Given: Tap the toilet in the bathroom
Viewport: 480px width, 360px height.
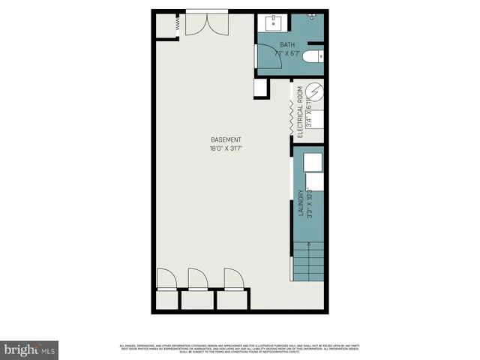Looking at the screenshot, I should (x=316, y=55).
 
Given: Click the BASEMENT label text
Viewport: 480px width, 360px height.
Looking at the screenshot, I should (x=225, y=140).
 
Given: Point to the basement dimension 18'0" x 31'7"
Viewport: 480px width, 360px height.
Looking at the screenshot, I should (x=225, y=149).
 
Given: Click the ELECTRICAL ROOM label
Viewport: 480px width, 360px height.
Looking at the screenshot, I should (x=300, y=113).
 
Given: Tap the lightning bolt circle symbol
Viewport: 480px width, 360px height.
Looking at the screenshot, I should (x=316, y=94).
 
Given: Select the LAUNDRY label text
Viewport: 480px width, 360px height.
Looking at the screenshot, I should (x=300, y=203).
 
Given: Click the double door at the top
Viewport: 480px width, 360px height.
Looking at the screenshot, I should (x=206, y=23).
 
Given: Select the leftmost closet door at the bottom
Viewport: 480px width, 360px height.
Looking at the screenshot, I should (x=166, y=279).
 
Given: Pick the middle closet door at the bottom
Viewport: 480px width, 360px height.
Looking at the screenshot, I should (x=197, y=279).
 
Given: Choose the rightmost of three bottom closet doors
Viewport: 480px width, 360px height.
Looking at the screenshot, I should (x=233, y=279).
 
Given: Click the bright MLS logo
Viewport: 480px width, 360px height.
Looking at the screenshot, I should (x=30, y=349).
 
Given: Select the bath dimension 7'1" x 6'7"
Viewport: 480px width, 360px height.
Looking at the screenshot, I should (x=287, y=54).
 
